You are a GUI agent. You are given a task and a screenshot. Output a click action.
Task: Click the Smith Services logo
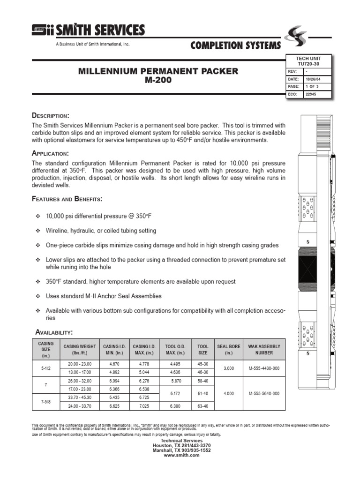coord(88,31)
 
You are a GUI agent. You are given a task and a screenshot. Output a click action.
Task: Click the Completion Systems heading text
coord(235,45)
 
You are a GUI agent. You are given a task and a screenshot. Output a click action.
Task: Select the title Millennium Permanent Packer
coord(157,71)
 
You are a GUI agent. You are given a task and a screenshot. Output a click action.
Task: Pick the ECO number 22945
coord(311,94)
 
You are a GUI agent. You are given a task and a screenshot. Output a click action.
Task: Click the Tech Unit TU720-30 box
coord(308,61)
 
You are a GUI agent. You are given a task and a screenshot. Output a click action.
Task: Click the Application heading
coord(50,153)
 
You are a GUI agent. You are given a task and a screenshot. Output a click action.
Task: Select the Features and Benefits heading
coord(67,199)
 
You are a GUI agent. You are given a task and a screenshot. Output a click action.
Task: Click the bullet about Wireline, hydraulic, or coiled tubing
coord(101,231)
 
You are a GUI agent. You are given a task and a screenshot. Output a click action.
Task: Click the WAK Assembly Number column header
coord(263,350)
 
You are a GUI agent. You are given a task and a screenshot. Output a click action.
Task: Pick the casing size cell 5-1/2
coord(45,368)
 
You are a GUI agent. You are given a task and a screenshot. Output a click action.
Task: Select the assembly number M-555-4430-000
coord(263,368)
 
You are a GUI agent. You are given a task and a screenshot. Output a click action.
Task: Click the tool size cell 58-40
coord(202,381)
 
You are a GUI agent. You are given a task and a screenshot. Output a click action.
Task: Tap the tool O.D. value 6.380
coord(175,406)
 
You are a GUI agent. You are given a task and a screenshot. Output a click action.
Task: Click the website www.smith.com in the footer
coord(182,455)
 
